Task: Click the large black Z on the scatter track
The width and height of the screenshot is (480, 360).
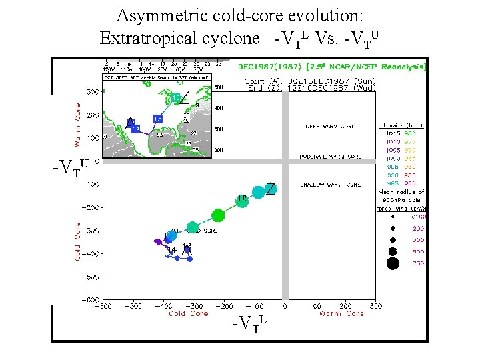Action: coord(271,189)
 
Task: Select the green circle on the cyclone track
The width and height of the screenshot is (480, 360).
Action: coord(218,215)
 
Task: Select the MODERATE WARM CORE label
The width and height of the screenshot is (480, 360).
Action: coord(331,157)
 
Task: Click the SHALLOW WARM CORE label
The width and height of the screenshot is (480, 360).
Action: coord(331,184)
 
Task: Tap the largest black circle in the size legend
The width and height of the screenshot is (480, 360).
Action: coord(393,263)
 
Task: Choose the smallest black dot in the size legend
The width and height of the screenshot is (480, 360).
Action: coord(393,216)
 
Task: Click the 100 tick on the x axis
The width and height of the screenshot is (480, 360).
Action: coord(315,307)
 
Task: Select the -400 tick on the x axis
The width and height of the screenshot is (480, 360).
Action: coord(163,307)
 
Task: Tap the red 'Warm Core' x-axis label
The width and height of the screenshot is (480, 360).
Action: coord(330,314)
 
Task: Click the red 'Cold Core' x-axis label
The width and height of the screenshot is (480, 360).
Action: coord(188,314)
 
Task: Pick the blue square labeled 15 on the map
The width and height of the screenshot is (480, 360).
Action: coord(158,119)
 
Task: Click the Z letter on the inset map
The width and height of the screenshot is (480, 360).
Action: coord(184,97)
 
